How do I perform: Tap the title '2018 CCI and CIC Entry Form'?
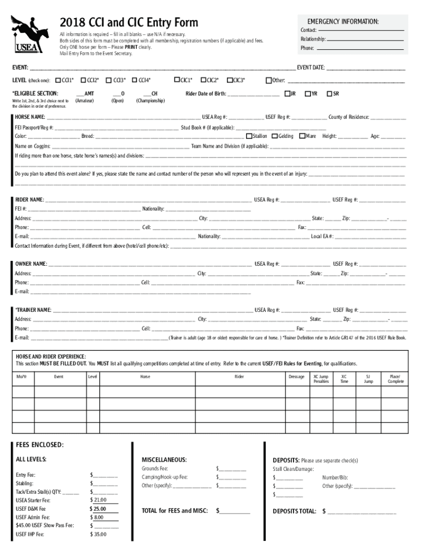(x=129, y=22)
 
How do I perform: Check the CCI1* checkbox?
(x=59, y=80)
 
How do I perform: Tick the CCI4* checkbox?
(x=135, y=80)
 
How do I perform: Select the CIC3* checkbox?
(x=230, y=80)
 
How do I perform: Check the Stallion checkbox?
(x=249, y=136)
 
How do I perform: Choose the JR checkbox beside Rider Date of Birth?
(x=286, y=94)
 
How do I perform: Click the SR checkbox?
(x=329, y=94)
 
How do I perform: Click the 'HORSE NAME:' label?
(x=30, y=117)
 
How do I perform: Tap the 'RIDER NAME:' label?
(x=30, y=200)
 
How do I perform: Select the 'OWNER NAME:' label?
(x=31, y=264)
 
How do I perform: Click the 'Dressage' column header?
(x=296, y=376)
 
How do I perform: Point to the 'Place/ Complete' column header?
(x=396, y=378)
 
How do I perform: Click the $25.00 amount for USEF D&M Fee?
(x=98, y=509)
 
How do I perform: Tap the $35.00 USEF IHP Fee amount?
(x=98, y=534)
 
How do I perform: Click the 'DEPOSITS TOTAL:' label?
(x=294, y=511)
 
